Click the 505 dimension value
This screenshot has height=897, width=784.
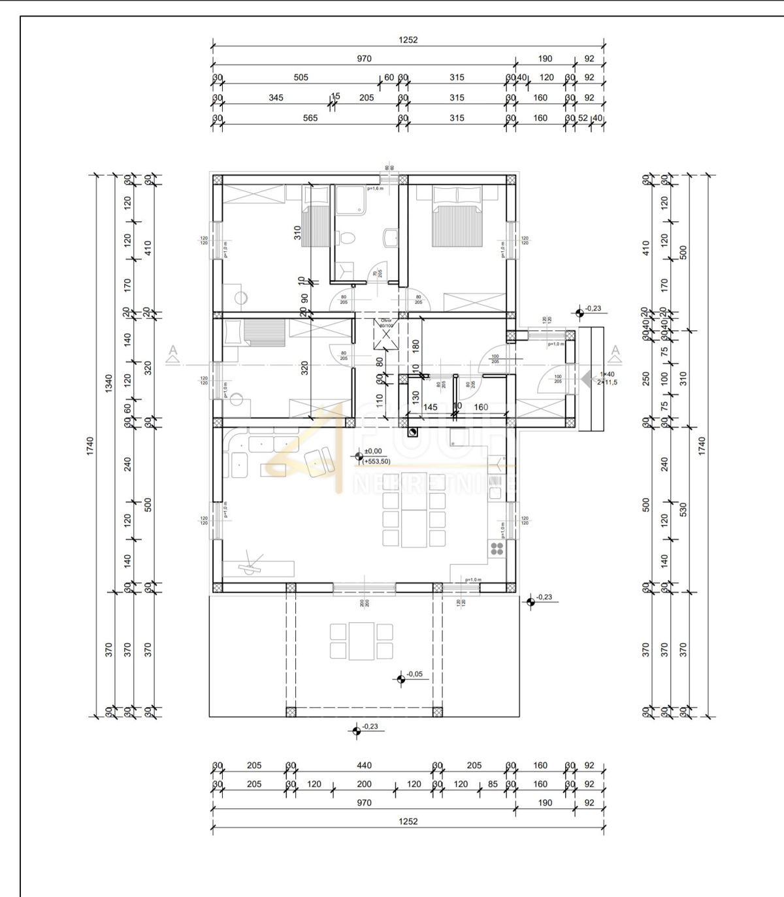(301, 77)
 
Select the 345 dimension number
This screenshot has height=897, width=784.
(276, 97)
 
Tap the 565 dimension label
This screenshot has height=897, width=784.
(310, 118)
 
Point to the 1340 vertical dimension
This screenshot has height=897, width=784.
(108, 382)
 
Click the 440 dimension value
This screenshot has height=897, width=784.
(364, 765)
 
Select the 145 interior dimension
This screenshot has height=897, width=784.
(431, 407)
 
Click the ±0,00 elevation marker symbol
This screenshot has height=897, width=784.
(357, 456)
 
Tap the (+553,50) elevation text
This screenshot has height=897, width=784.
(377, 462)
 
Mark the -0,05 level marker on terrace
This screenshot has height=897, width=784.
(400, 679)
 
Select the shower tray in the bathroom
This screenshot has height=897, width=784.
(351, 199)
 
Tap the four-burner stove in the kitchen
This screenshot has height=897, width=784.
(497, 548)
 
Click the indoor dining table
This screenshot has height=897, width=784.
(414, 510)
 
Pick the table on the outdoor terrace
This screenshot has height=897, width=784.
(361, 640)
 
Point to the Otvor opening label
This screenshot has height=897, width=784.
(386, 323)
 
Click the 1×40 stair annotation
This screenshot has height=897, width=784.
(607, 374)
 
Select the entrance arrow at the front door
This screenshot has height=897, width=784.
(585, 378)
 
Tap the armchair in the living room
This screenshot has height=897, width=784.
(319, 460)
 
